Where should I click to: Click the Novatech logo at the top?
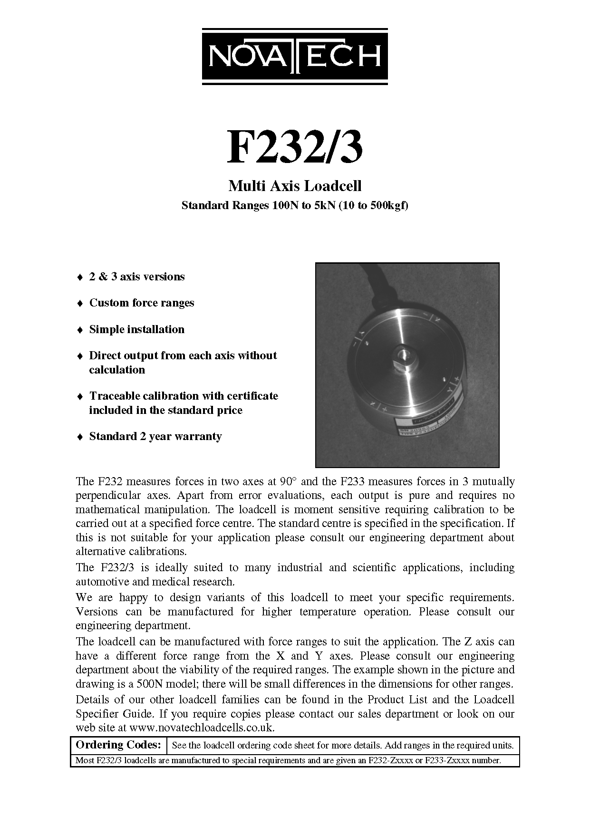pyautogui.click(x=295, y=57)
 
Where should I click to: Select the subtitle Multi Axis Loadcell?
pyautogui.click(x=295, y=186)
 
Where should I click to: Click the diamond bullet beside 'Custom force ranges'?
pyautogui.click(x=80, y=303)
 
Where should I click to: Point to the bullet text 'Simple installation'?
pyautogui.click(x=136, y=329)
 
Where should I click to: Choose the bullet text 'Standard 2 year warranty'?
pyautogui.click(x=155, y=436)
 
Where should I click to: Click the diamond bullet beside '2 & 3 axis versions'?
pyautogui.click(x=80, y=277)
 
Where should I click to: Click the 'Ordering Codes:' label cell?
pyautogui.click(x=118, y=745)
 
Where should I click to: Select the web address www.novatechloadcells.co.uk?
pyautogui.click(x=202, y=728)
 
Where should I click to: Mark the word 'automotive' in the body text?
pyautogui.click(x=102, y=582)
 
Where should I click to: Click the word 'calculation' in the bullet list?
pyautogui.click(x=117, y=370)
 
